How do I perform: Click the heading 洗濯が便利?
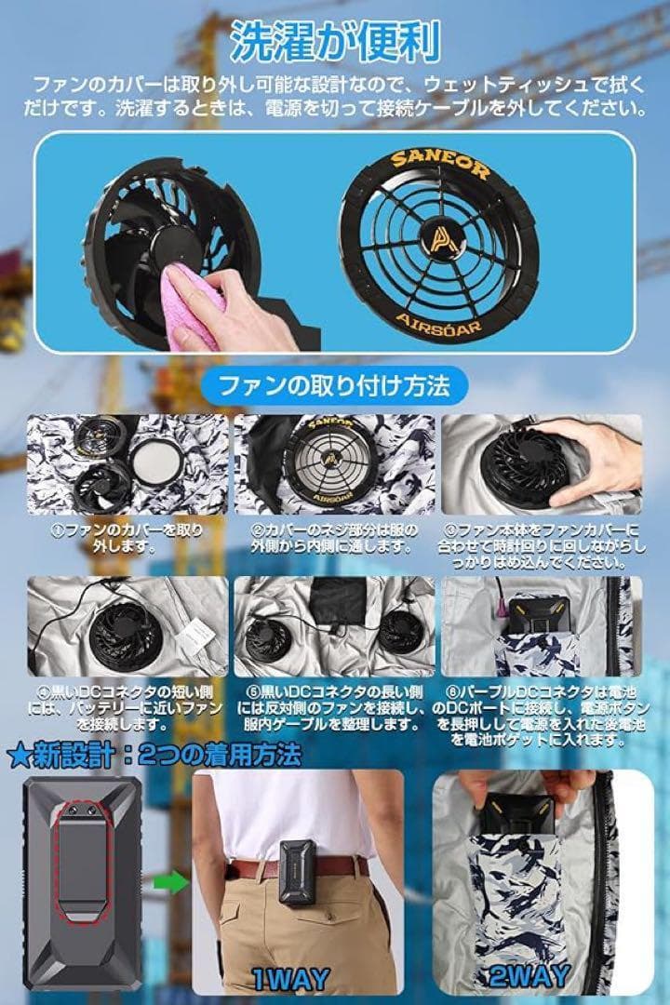[x=334, y=42]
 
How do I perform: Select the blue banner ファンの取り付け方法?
[x=334, y=384]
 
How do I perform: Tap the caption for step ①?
[x=127, y=537]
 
